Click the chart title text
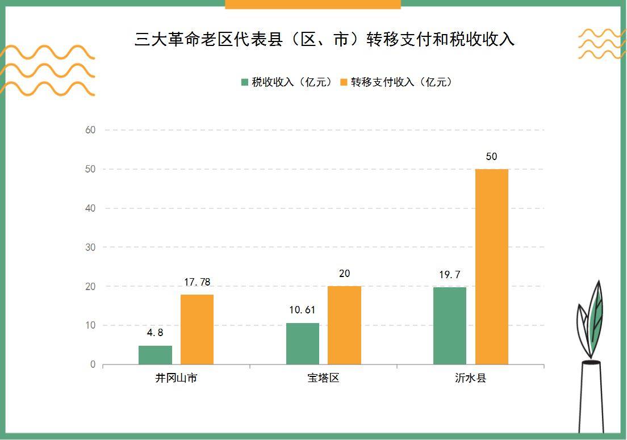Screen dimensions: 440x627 324,39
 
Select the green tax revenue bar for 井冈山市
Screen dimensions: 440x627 155,355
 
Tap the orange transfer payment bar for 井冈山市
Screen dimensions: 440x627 197,329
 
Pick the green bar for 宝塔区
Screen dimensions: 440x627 302,343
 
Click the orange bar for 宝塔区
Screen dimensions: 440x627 344,325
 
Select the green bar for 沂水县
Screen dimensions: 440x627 449,325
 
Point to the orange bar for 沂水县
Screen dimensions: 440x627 491,267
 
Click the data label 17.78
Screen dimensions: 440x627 197,282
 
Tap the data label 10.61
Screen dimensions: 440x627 302,310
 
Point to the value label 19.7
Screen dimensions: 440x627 449,275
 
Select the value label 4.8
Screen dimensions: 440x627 155,333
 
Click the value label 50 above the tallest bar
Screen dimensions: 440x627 491,157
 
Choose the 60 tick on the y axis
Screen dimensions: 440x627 90,130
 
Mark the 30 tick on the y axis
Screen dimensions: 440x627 90,248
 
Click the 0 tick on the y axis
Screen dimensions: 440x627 93,364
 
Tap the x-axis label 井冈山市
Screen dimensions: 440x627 176,378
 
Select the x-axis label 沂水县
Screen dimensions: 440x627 470,378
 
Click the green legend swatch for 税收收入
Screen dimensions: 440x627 245,82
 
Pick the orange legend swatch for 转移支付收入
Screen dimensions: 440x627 343,82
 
